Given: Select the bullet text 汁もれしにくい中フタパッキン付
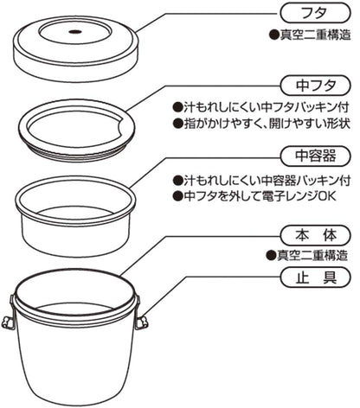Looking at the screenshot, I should pos(265,111).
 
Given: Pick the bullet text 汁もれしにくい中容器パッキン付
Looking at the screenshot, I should pos(265,182).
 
